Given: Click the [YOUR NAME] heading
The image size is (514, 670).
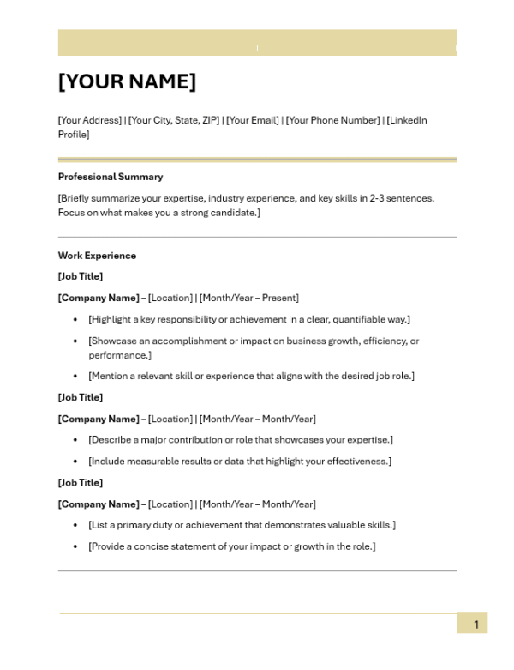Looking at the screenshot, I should (127, 82).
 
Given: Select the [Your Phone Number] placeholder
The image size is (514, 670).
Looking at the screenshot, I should (332, 120).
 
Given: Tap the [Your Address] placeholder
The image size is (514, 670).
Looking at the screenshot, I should (90, 120).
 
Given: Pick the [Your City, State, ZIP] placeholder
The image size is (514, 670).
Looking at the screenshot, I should (174, 120).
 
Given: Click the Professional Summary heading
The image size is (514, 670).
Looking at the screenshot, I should (110, 177).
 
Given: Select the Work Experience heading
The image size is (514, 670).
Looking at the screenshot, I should (97, 256).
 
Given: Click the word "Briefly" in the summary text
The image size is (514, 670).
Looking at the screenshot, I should (77, 198).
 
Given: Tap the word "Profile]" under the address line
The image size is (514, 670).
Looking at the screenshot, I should (74, 135).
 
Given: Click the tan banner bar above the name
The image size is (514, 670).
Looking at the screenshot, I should (257, 42).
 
